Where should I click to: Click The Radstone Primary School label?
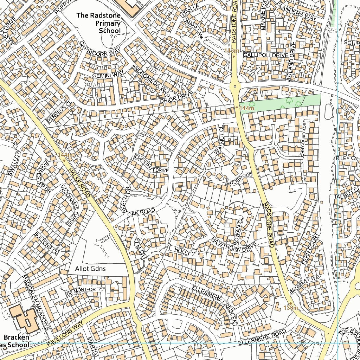(99, 23)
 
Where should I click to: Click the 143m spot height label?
(233, 51)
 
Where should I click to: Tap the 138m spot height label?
(290, 308)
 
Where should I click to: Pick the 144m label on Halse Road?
(67, 155)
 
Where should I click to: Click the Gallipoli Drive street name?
(266, 55)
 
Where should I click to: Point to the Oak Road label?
(141, 212)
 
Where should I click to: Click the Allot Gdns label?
(90, 269)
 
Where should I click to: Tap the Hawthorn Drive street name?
(234, 245)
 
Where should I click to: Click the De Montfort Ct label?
(86, 291)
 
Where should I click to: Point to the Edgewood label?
(240, 179)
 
